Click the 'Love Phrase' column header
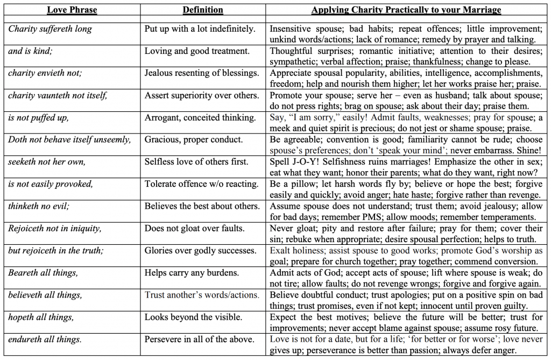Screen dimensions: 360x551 [70, 10]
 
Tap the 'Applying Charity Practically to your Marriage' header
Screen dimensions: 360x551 [406, 10]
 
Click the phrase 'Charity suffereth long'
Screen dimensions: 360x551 [50, 29]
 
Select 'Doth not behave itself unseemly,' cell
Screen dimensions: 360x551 [69, 139]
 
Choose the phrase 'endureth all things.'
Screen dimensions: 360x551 [45, 339]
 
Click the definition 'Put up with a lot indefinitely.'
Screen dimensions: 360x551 [200, 29]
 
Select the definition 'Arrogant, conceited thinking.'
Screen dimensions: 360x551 [200, 117]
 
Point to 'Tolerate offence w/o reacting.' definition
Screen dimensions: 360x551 [201, 184]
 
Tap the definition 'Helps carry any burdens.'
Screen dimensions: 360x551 [192, 273]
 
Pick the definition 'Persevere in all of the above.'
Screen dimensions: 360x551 [199, 339]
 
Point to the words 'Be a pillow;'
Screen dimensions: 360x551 [293, 184]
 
